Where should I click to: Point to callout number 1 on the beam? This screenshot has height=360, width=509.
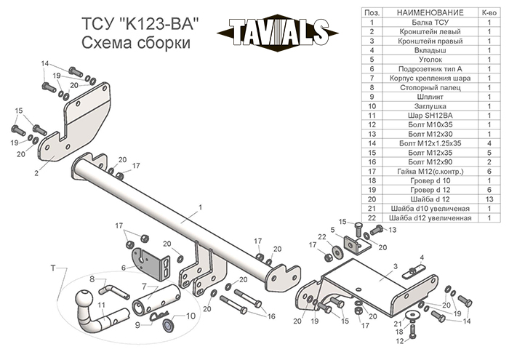[x=199, y=207]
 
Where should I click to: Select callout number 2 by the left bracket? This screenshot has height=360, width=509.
[x=35, y=173]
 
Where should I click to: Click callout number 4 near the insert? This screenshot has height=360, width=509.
[x=422, y=257]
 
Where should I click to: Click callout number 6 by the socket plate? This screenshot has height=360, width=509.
[x=124, y=268]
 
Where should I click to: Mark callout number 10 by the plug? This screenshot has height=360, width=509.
[x=191, y=316]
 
